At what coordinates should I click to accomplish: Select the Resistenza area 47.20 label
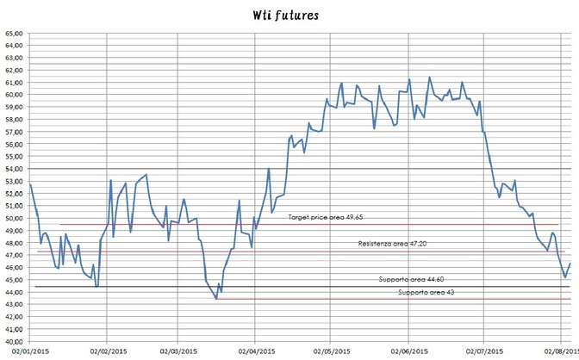(x=393, y=244)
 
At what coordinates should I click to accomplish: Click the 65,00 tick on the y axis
(x=14, y=34)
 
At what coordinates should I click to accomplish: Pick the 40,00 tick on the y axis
(x=14, y=341)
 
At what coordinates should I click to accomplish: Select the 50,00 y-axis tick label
(x=14, y=218)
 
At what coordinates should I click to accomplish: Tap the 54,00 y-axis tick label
(x=14, y=169)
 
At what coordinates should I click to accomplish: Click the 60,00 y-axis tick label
(x=14, y=95)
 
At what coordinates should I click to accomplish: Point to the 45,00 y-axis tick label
(x=14, y=280)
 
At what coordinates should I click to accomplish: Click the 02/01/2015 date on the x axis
(x=29, y=351)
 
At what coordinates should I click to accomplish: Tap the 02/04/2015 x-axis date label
(x=255, y=351)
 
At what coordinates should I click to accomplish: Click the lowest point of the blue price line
(x=216, y=299)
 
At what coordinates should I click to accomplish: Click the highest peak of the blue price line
(x=429, y=78)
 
